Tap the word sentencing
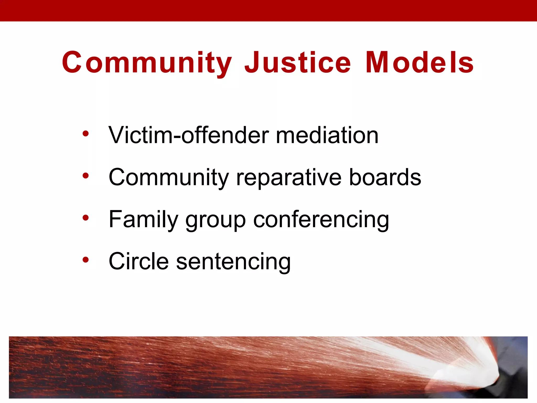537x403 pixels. coord(233,262)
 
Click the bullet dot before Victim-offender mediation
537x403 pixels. coord(85,134)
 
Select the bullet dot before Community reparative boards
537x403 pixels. coord(85,176)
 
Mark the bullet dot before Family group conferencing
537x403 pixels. coord(85,218)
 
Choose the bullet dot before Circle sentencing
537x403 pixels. coord(85,259)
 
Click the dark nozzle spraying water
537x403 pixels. coord(511,378)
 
